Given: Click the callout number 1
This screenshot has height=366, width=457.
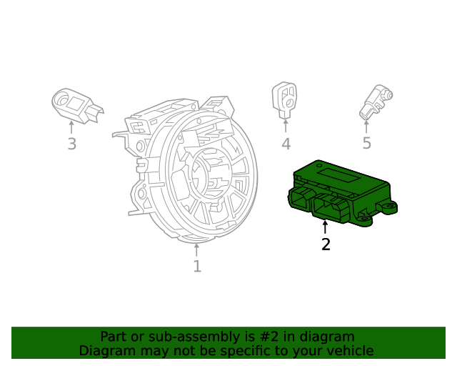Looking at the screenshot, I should pos(197,267).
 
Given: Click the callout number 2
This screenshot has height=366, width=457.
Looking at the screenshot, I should pos(326,244).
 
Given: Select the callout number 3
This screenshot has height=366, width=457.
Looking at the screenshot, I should pos(71,144).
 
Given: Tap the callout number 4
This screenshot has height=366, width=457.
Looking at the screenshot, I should pos(286,144).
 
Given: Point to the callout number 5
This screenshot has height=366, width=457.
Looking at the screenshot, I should pos(366,144).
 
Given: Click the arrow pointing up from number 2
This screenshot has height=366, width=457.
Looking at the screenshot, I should pos(326,228).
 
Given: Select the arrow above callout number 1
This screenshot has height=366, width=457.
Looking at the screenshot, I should pos(197,249).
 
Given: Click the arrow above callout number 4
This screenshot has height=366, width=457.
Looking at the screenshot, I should pos(286,126).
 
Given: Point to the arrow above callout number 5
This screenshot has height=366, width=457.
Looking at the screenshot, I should pos(366,126).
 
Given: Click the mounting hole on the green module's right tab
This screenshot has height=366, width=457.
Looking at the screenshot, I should pos(390,207).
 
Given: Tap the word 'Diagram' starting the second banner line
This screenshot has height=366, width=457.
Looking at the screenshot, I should pos(106,351).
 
